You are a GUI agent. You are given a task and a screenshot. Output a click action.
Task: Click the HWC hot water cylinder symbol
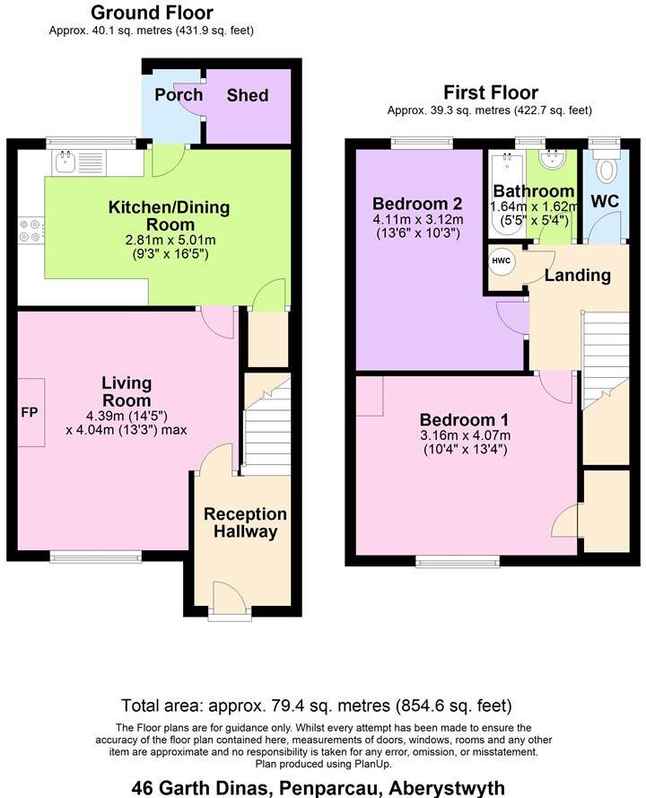pos(501,261)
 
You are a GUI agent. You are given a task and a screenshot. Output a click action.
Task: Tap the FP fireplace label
pos(30,412)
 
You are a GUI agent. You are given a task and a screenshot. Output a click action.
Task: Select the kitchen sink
pos(65,161)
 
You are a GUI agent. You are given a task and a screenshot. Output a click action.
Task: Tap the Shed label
pos(248,95)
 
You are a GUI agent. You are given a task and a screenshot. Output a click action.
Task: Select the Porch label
pos(179,94)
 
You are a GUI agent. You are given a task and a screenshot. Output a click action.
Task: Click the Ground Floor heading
pos(152,13)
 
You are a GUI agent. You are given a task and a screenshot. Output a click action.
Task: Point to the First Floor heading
pos(491,92)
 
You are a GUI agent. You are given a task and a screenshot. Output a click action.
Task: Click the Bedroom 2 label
pos(417,204)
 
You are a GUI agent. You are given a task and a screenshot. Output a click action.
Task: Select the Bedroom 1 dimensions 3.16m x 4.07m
pos(465,435)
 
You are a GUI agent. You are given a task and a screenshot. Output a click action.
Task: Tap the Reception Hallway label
pos(245,522)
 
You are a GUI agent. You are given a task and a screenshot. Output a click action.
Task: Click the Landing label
pos(577,276)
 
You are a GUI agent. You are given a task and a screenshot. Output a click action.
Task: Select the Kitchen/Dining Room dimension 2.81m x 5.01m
pos(170,241)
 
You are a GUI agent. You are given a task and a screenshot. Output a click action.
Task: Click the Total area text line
pos(317,706)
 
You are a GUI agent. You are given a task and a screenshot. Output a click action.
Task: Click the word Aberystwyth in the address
pos(446,788)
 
